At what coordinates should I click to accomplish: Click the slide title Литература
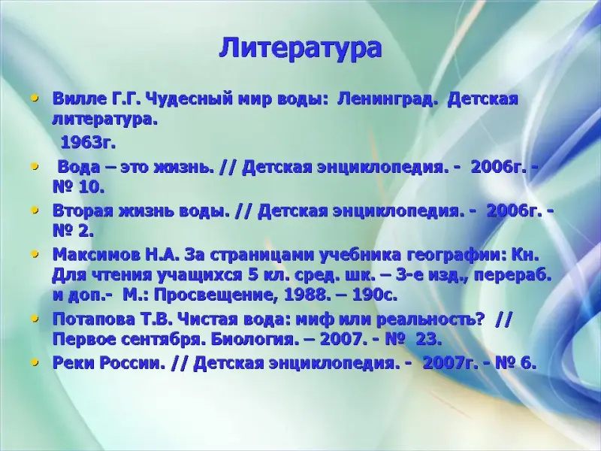click(300, 49)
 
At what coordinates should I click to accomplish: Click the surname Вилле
click(79, 99)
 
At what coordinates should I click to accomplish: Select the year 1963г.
click(88, 143)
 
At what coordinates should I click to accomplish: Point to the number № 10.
click(78, 188)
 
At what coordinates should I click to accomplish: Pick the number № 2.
click(73, 232)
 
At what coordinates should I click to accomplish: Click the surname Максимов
click(96, 255)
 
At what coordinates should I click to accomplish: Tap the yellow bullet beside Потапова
click(35, 318)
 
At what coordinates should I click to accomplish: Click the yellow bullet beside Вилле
click(35, 98)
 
